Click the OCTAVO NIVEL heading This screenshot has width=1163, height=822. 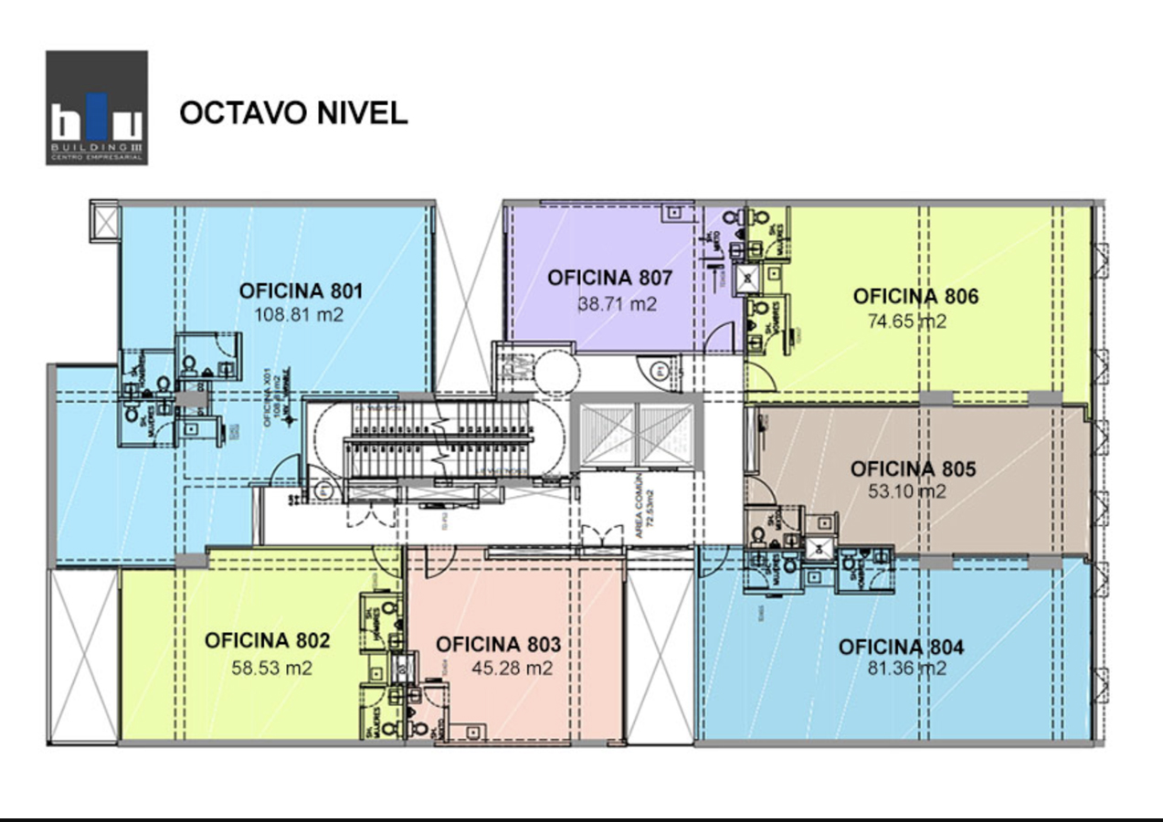coord(293,112)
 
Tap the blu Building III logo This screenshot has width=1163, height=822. coord(97,108)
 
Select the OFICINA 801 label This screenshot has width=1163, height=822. coord(301,291)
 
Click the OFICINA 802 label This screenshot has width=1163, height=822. coord(267,640)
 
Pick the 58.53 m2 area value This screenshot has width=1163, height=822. coord(271,668)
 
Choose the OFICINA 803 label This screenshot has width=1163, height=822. coord(498,645)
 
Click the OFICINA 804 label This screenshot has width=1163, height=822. coord(901,648)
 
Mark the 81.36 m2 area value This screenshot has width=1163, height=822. coord(906,669)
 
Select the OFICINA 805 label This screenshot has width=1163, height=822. coord(913,469)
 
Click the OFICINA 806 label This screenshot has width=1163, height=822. coord(915,297)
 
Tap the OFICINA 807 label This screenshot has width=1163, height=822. coord(610,278)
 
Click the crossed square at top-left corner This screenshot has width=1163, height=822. coord(105,222)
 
